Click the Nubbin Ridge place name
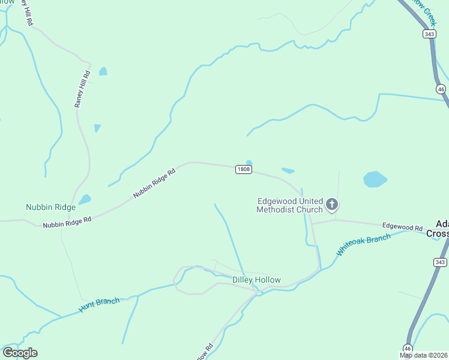(50, 208)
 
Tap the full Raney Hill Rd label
(82, 89)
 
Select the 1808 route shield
(243, 170)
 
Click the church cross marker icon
(331, 205)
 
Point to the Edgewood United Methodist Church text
(289, 205)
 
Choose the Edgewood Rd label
(402, 227)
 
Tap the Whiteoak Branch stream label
(363, 245)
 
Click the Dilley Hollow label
(256, 280)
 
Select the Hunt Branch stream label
(99, 305)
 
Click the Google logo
(20, 353)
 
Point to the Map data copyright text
(424, 355)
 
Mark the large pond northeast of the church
(375, 179)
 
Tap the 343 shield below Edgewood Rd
(441, 262)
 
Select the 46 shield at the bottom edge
(408, 348)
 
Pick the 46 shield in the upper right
(441, 89)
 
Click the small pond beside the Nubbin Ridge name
(85, 199)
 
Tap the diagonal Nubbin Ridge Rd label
(154, 183)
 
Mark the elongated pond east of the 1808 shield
(288, 170)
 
